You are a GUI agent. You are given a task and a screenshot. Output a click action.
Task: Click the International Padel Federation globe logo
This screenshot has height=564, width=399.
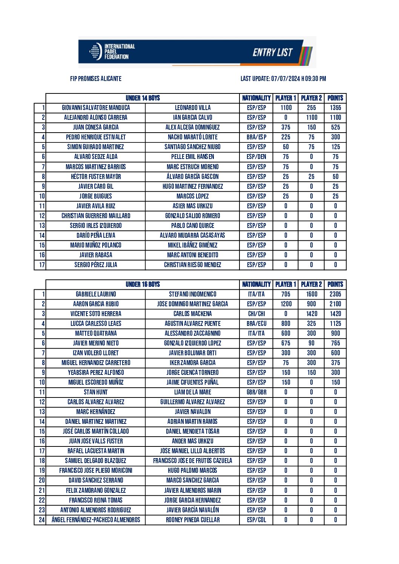(x=95, y=52)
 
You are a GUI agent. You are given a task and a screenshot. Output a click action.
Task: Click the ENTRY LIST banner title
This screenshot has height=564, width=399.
(x=272, y=52)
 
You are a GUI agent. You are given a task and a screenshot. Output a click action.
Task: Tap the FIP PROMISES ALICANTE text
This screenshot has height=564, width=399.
(x=96, y=79)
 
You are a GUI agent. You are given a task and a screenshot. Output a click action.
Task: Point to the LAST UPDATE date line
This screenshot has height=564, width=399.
(x=283, y=79)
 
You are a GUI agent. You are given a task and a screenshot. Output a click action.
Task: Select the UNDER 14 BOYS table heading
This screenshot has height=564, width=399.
(x=143, y=98)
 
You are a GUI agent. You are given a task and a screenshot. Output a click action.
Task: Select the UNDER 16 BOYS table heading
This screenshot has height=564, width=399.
(x=143, y=284)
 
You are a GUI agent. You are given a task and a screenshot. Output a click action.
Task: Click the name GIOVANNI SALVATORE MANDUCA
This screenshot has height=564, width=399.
(x=96, y=108)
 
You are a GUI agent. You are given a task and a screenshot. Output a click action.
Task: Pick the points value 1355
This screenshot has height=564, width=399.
(x=335, y=108)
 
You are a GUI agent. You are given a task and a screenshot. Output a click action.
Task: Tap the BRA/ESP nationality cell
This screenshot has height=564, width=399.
(x=256, y=137)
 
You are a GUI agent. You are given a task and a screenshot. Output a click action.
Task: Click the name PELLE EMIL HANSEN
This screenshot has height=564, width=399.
(x=192, y=157)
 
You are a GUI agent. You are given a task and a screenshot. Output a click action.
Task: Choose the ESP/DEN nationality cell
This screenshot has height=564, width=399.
(x=256, y=157)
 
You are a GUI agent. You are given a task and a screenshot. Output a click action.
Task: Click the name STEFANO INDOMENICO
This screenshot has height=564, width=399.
(x=192, y=294)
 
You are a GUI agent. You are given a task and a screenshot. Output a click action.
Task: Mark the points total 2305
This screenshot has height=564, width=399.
(x=335, y=294)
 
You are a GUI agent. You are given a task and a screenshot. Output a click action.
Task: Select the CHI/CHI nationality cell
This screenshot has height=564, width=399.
(x=256, y=314)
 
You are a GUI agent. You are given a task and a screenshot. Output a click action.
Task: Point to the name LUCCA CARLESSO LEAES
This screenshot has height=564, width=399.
(x=96, y=324)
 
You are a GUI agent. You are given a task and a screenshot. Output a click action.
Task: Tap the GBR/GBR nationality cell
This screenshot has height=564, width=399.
(x=256, y=392)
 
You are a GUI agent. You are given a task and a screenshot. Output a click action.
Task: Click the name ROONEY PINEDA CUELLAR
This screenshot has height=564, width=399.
(x=192, y=520)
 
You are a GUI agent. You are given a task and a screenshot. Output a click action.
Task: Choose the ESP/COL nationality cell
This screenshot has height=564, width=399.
(x=256, y=520)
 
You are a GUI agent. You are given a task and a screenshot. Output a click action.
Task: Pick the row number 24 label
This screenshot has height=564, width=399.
(x=41, y=520)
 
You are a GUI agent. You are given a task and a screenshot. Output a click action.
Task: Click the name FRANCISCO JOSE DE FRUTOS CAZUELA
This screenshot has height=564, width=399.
(x=192, y=461)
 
